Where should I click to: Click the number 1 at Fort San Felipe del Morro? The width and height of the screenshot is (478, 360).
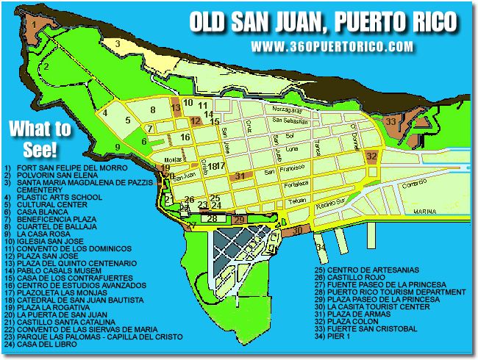pos(32,23)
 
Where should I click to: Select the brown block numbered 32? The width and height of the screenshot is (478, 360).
pos(371,156)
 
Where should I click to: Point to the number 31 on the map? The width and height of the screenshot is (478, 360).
pos(240,176)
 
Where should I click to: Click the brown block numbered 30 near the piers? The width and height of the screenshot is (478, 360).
pos(297,230)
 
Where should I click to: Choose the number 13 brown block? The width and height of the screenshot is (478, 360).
pos(175,108)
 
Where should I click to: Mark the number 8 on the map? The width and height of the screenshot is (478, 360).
pos(152,110)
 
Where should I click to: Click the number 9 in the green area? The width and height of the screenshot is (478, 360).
pos(117,147)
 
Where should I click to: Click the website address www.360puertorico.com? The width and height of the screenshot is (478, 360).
pos(332,46)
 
